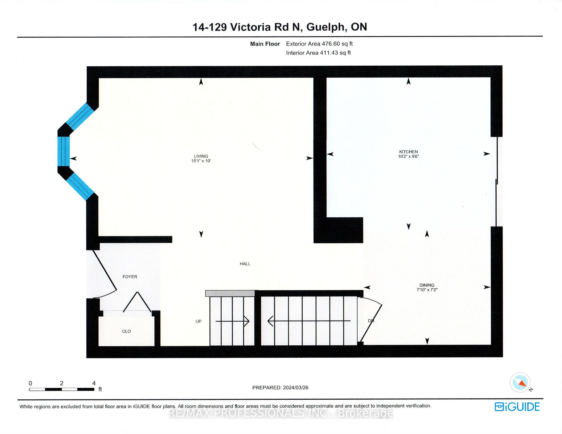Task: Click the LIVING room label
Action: (201, 156)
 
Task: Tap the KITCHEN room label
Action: (408, 152)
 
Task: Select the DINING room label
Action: (427, 285)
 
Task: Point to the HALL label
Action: (245, 264)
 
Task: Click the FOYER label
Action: (130, 277)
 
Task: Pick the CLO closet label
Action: (126, 331)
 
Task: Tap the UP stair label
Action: (198, 321)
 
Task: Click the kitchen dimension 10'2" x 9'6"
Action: (408, 156)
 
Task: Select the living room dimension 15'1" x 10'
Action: (201, 161)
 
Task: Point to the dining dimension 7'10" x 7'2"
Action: (427, 290)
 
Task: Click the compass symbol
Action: (520, 382)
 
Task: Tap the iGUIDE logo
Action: (517, 407)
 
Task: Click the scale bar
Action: (62, 389)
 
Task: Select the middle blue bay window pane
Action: (64, 151)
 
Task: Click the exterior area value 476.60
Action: (331, 44)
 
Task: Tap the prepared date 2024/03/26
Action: (295, 388)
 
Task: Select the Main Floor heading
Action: (265, 44)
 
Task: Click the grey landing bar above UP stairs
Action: (230, 293)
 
